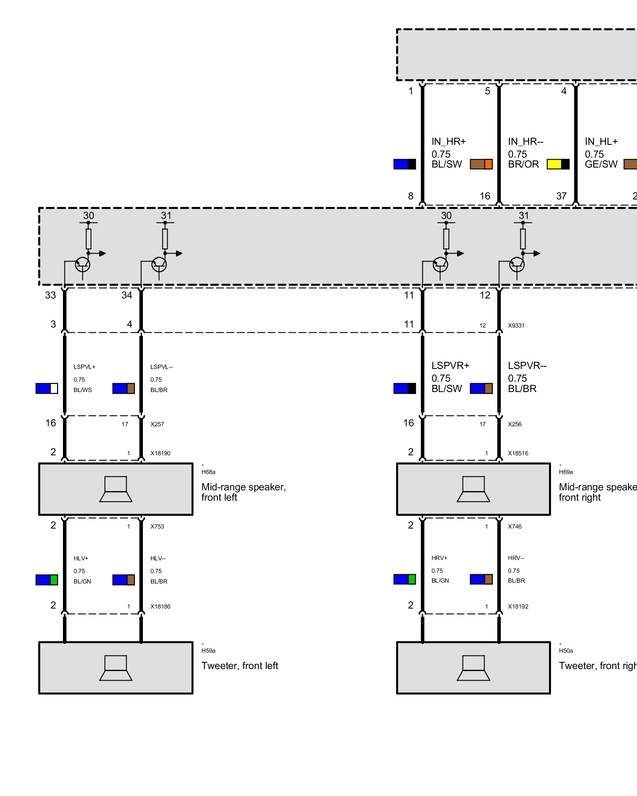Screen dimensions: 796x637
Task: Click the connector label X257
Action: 157,424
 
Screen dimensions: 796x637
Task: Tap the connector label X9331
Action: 516,326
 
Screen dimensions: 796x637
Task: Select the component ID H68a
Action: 208,472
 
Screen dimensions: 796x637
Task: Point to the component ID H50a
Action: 566,651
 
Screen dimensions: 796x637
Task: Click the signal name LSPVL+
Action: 84,367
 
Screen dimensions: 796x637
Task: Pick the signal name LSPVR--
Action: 527,366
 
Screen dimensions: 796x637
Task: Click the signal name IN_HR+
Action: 449,142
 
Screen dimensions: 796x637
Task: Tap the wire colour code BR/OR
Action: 523,164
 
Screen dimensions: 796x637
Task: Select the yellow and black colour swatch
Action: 558,164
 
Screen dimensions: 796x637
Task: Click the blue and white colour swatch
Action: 47,388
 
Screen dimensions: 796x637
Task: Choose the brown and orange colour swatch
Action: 481,164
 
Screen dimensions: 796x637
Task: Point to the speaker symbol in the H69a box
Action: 473,489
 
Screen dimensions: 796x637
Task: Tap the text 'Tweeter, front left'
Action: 240,666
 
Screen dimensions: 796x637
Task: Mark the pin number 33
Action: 51,295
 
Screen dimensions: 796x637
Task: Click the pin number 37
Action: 561,196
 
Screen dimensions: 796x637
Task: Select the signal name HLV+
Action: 81,558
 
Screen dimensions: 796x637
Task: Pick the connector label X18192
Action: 518,607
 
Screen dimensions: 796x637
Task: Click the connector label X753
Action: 157,527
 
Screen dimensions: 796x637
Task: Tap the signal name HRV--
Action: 516,558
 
